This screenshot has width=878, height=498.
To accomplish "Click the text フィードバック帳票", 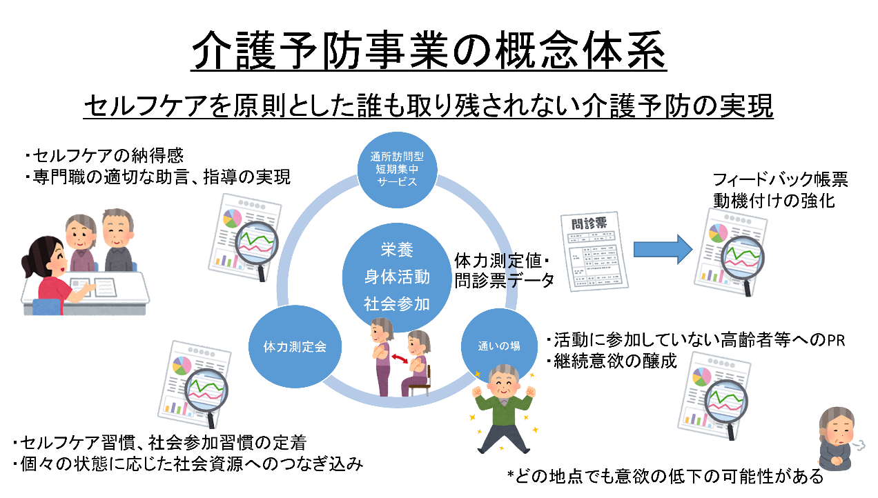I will tap(781, 181).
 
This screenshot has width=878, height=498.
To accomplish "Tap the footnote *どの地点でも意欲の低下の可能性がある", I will tap(666, 476).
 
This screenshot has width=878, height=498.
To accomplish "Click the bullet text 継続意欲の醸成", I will tap(610, 360).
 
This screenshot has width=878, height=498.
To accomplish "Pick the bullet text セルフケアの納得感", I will tap(104, 155).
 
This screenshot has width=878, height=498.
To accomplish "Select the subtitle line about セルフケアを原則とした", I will tap(428, 107).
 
